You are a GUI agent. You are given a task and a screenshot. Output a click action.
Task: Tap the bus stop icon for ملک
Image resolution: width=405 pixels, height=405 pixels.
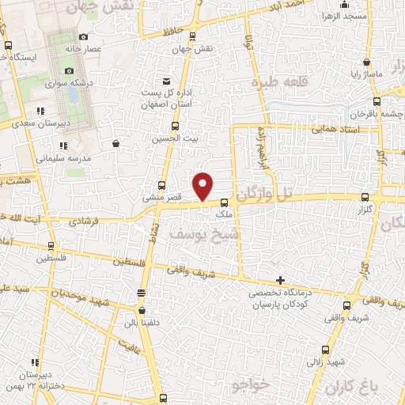pyautogui.click(x=225, y=202)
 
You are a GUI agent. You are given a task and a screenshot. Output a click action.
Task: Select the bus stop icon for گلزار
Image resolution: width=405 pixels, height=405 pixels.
pyautogui.click(x=364, y=198)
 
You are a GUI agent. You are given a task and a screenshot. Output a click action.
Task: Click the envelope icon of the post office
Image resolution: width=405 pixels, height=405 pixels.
pyautogui.click(x=165, y=81)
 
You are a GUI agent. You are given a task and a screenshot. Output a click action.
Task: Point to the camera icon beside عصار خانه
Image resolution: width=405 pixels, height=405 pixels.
pyautogui.click(x=84, y=36)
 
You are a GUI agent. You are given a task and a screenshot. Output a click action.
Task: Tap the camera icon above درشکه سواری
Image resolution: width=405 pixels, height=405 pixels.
pyautogui.click(x=70, y=71)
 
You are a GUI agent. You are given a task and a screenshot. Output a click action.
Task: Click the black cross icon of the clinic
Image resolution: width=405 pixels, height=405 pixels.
pyautogui.click(x=280, y=280)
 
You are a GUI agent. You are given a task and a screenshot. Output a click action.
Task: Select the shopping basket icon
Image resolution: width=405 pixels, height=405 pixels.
pyautogui.click(x=117, y=143)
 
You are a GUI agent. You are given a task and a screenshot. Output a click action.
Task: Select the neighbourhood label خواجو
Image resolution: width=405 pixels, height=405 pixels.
pyautogui.click(x=252, y=384)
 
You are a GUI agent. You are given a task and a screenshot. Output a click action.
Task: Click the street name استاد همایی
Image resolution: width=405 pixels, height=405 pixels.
pyautogui.click(x=335, y=128)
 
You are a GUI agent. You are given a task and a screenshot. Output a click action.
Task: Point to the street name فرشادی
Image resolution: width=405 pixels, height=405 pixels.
pyautogui.click(x=86, y=222)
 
